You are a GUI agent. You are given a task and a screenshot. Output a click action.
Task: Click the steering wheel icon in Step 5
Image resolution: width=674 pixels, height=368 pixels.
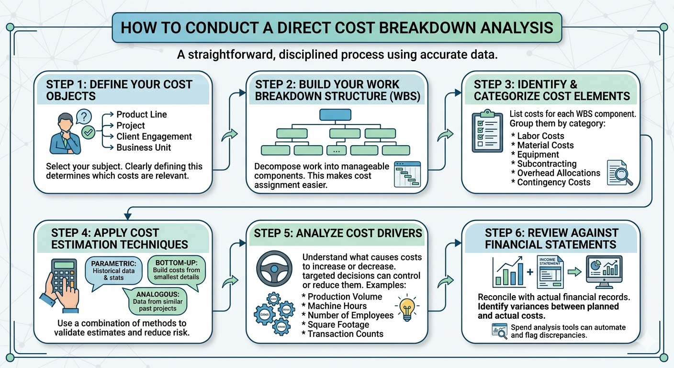point(274,269)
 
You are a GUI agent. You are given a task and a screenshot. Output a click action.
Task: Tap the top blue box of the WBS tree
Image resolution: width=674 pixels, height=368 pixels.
point(335,115)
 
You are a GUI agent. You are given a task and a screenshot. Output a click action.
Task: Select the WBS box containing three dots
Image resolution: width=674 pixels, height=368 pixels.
point(336,150)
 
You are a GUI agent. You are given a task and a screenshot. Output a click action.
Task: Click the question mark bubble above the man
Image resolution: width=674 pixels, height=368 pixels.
point(83,116)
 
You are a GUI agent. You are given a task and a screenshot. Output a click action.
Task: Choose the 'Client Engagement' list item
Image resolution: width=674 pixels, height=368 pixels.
point(154,137)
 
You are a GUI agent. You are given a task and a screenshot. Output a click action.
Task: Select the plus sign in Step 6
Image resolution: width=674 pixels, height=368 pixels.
point(529,273)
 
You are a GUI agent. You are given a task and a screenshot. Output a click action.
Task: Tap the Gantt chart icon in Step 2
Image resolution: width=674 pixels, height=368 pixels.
point(407,174)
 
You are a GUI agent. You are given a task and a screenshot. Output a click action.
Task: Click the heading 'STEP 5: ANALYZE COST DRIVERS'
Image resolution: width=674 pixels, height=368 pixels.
point(338,233)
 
